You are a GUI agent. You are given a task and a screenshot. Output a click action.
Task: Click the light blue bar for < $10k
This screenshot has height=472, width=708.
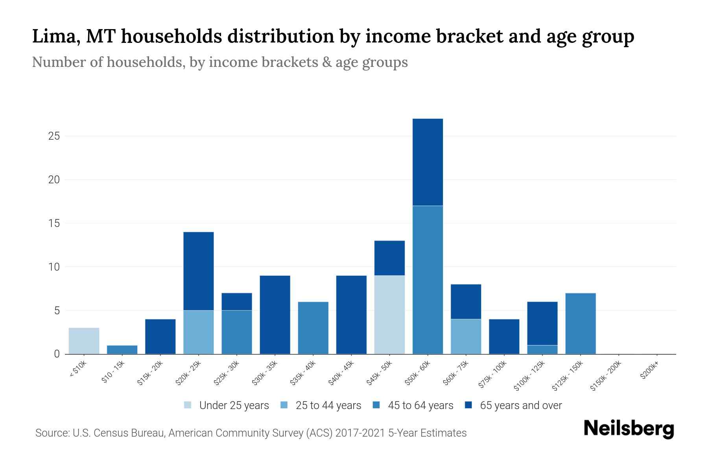click(x=84, y=341)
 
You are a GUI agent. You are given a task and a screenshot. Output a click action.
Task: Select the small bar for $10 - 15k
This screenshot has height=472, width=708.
click(x=122, y=350)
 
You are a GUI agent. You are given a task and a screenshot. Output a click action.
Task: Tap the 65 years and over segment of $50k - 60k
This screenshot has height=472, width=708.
click(x=428, y=162)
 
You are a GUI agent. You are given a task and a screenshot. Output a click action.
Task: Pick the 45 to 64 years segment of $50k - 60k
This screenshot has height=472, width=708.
click(x=428, y=280)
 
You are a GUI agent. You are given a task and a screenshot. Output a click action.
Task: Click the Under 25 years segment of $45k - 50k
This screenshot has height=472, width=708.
click(x=389, y=315)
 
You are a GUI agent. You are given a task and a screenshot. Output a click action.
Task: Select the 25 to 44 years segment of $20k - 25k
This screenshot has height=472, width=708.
click(x=198, y=332)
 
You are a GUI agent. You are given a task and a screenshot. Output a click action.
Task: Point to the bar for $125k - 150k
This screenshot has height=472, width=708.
click(x=580, y=323)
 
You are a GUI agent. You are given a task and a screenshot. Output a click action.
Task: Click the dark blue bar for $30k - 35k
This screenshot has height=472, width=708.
click(x=275, y=315)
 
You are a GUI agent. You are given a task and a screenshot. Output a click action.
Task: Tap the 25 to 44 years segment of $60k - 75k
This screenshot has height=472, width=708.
click(x=466, y=336)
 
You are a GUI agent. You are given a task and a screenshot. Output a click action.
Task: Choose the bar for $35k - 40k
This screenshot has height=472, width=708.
click(x=313, y=328)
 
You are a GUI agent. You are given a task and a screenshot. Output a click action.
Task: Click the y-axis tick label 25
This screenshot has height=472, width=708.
click(x=54, y=136)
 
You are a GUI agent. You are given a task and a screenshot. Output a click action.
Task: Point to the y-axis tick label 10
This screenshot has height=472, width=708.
click(x=54, y=267)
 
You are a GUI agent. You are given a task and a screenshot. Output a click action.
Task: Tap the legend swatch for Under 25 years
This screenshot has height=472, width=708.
click(x=188, y=405)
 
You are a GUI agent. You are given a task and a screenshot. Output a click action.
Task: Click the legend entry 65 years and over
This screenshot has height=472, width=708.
click(x=520, y=406)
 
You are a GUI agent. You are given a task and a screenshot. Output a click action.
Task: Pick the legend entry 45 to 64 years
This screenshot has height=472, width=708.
click(x=420, y=406)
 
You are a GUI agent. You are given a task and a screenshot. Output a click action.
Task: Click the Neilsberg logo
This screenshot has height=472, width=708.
click(x=629, y=429)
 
